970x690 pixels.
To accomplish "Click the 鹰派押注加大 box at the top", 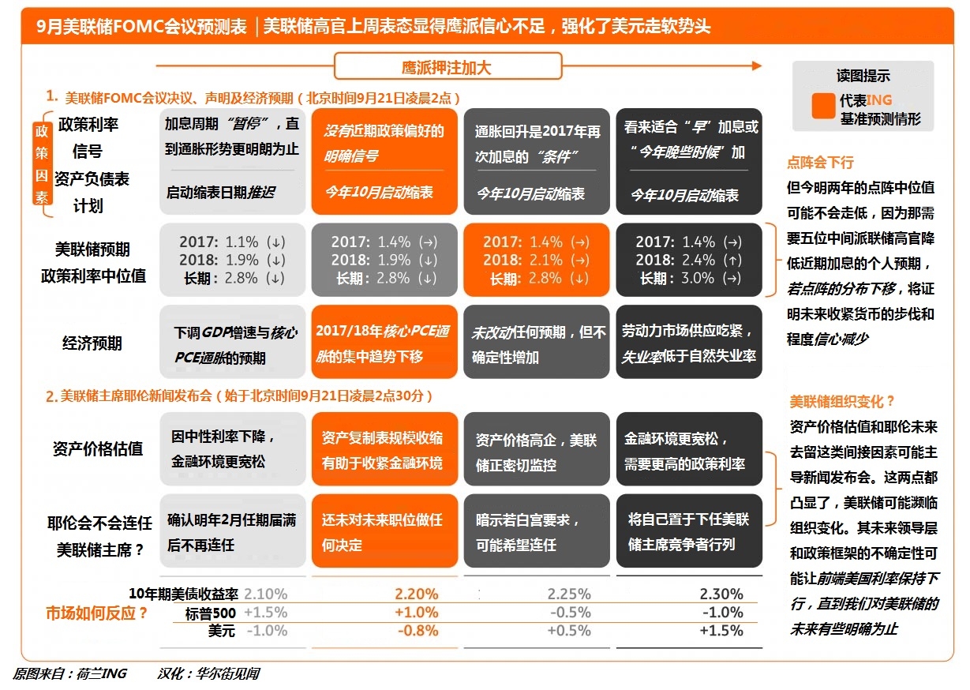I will point(448,67).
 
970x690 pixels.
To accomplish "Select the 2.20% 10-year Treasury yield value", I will point(415,594).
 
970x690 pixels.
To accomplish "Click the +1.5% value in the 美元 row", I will point(721,630).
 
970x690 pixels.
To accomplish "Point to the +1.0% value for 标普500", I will point(416,612).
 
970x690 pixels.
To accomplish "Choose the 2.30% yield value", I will point(721,594).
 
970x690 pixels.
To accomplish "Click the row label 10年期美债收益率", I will point(184,594).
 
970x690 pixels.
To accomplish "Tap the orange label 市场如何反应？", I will point(97,613).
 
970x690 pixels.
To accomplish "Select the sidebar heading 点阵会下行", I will point(820,163).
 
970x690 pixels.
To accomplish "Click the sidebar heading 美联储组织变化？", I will point(842,401).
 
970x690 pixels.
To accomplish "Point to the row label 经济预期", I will point(92,343).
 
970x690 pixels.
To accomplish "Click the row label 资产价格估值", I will point(98,448).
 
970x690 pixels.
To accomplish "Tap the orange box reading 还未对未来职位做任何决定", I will point(384,531).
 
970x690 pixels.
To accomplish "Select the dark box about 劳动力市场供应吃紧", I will point(689,343).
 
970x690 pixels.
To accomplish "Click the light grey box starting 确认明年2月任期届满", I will point(233,531).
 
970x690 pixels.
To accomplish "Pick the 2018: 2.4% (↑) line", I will point(688,260).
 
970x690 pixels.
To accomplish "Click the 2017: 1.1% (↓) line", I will point(232,242).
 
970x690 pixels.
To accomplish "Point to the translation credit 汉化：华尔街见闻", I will point(208,673).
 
